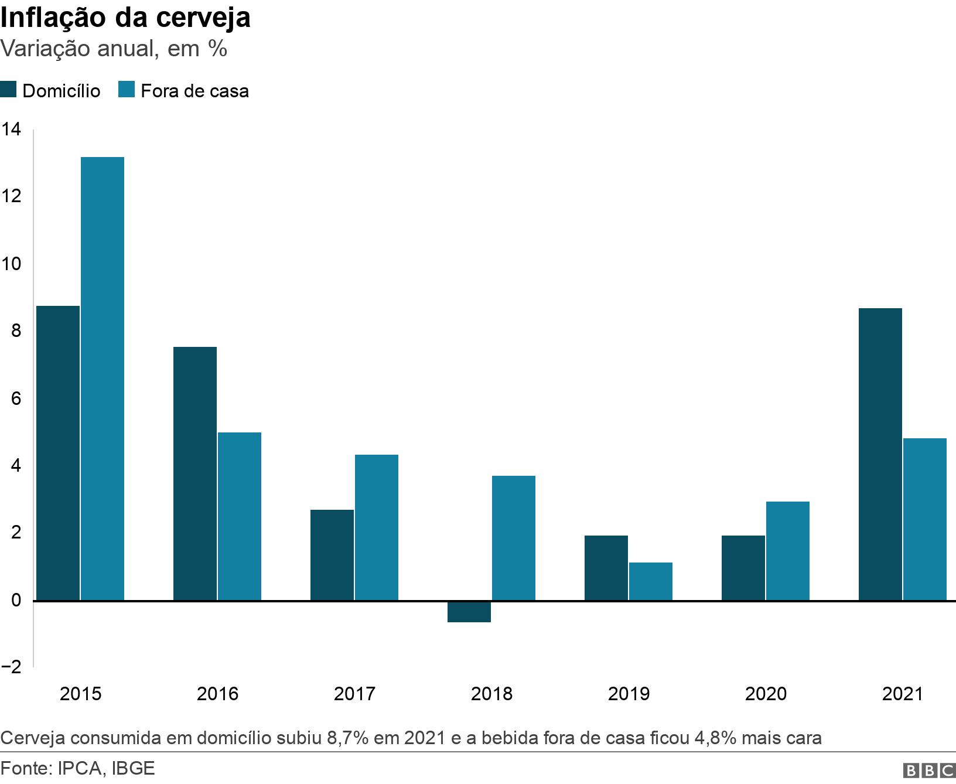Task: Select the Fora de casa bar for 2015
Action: [103, 379]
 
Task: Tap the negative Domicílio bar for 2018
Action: [469, 612]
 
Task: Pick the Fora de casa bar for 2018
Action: [514, 538]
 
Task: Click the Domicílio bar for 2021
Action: [880, 454]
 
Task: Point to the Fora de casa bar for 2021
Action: [925, 519]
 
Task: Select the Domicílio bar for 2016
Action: [194, 473]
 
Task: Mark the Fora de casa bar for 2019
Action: [651, 581]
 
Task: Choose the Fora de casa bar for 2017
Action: [377, 527]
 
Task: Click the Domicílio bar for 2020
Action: [743, 568]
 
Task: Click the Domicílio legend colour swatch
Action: [8, 90]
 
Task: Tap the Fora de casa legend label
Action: [194, 91]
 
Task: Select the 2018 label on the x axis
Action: [491, 694]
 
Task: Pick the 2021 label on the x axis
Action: [902, 694]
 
